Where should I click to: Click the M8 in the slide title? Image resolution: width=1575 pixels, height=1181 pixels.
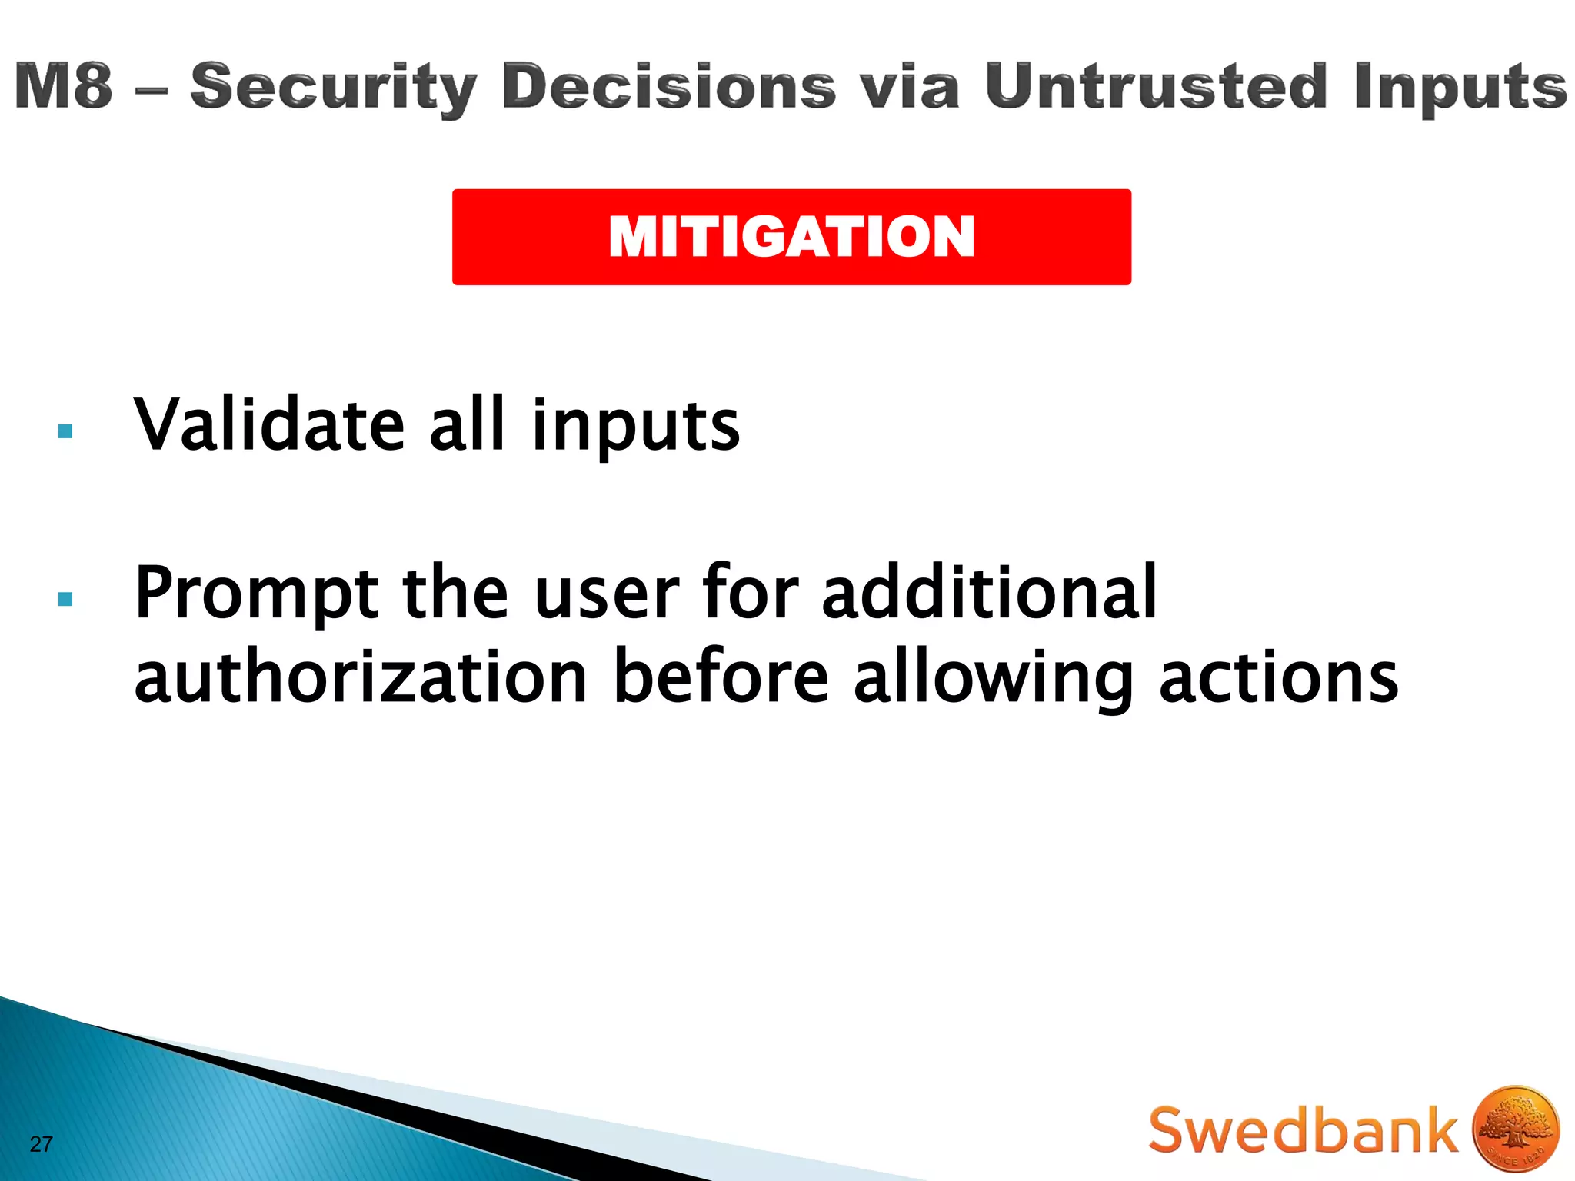tap(63, 86)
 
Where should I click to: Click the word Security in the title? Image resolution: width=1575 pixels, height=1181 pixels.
tap(334, 88)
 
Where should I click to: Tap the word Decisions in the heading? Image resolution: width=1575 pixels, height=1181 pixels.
tap(668, 86)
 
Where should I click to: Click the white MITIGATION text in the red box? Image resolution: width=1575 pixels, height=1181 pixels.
tap(791, 237)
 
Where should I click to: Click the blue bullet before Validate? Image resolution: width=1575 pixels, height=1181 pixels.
tap(65, 431)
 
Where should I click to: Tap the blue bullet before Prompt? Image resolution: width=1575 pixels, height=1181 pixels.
tap(65, 599)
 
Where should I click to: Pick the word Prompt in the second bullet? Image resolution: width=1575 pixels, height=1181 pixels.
tap(257, 594)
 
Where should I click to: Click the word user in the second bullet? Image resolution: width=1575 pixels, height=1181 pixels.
tap(607, 594)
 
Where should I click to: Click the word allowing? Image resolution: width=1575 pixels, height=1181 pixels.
tap(993, 678)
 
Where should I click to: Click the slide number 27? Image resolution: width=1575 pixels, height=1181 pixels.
tap(41, 1144)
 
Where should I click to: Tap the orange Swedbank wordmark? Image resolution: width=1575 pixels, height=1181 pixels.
tap(1303, 1130)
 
